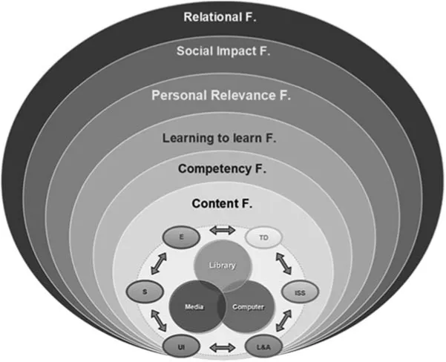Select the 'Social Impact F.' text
pos(222,51)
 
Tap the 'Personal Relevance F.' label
pos(222,96)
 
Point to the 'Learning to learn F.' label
pos(222,138)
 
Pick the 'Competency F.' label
pos(222,169)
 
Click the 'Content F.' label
pos(222,203)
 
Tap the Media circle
pos(194,305)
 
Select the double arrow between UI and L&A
pos(222,346)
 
